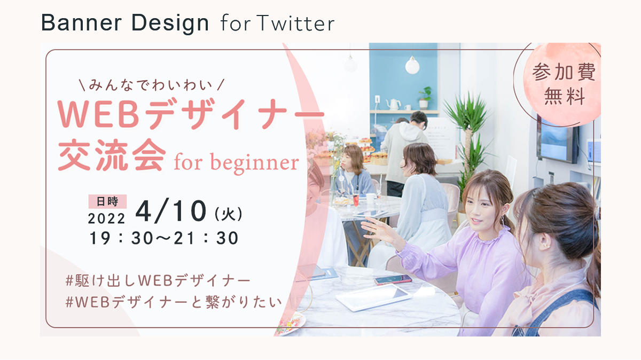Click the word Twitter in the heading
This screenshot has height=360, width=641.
295,23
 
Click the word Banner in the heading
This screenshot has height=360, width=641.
82,22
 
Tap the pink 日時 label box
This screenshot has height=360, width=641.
107,201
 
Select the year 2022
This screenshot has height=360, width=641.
106,219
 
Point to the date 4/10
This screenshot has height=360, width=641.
171,212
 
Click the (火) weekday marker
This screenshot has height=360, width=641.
229,214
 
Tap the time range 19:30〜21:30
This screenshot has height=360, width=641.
164,238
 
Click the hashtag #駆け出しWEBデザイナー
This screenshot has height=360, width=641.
158,280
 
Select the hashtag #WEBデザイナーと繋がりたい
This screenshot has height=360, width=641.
174,302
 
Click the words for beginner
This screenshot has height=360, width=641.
236,162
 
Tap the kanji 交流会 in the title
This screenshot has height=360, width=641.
112,155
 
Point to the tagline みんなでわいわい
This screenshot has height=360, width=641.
151,85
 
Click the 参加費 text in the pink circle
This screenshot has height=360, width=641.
564,72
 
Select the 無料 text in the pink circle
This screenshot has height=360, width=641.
565,96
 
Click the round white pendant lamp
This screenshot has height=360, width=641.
412,65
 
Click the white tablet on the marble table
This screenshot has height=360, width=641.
374,297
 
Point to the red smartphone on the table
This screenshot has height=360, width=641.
393,279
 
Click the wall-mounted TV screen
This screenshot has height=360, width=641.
558,140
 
